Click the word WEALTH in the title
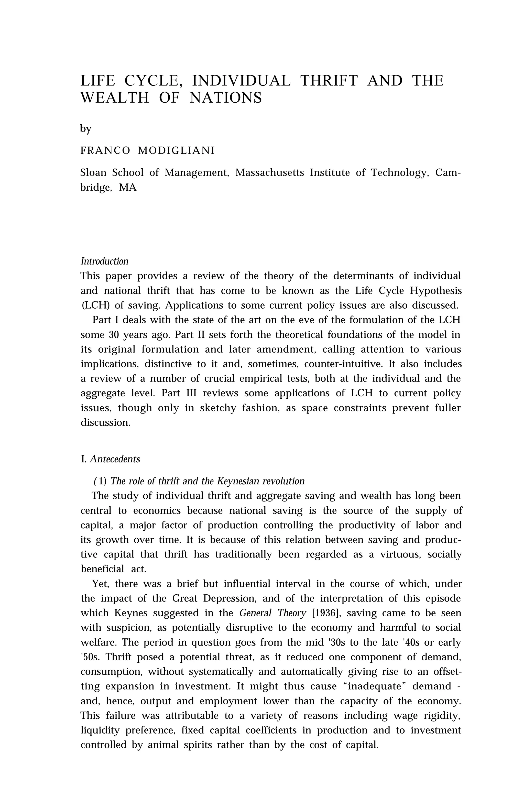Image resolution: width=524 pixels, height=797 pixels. point(115,98)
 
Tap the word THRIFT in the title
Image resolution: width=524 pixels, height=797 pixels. point(329,81)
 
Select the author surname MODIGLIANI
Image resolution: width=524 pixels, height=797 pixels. point(176,151)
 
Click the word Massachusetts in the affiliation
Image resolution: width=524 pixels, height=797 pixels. point(269,173)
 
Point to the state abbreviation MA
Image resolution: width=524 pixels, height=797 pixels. point(128,188)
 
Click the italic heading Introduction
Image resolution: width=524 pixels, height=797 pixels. point(104,261)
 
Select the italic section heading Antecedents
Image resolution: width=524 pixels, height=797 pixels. point(115,459)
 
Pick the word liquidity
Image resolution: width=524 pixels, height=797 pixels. point(100,730)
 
